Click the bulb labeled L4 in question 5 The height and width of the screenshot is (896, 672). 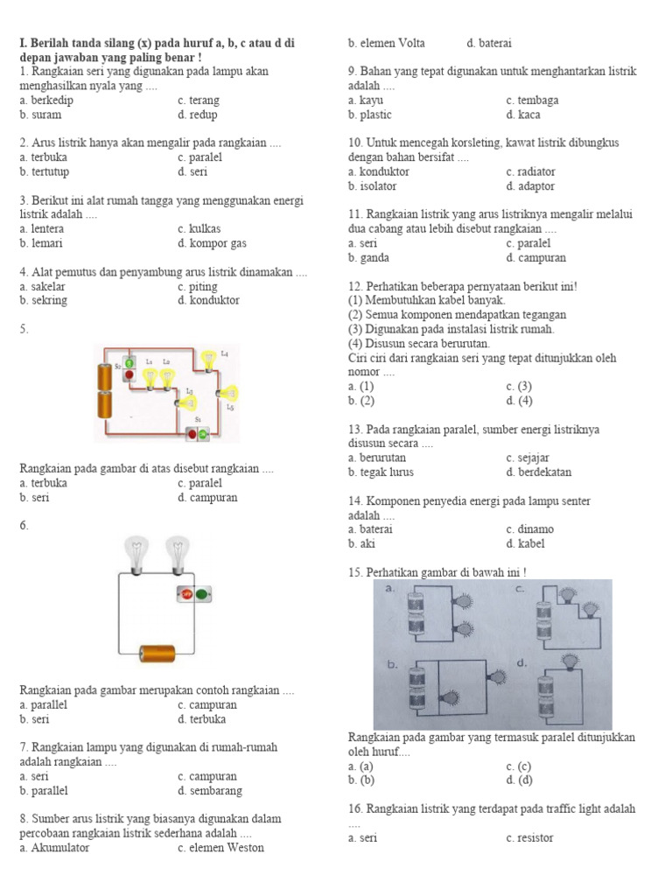208,359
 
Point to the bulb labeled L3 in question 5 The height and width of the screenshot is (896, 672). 190,401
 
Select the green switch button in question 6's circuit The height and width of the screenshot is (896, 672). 203,594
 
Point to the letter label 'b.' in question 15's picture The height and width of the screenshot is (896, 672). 393,664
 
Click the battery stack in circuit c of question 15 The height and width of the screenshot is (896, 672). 546,615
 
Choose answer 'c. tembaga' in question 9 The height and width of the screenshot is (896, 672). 532,100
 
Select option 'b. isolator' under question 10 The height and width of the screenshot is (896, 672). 372,185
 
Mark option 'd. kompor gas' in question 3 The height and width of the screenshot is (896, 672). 212,243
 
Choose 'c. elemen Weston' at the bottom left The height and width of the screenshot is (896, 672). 220,847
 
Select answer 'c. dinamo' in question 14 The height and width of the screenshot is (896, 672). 529,528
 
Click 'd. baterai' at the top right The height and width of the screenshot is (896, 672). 489,43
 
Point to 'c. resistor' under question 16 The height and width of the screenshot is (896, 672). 529,837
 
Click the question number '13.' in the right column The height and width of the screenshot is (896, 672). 355,430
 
